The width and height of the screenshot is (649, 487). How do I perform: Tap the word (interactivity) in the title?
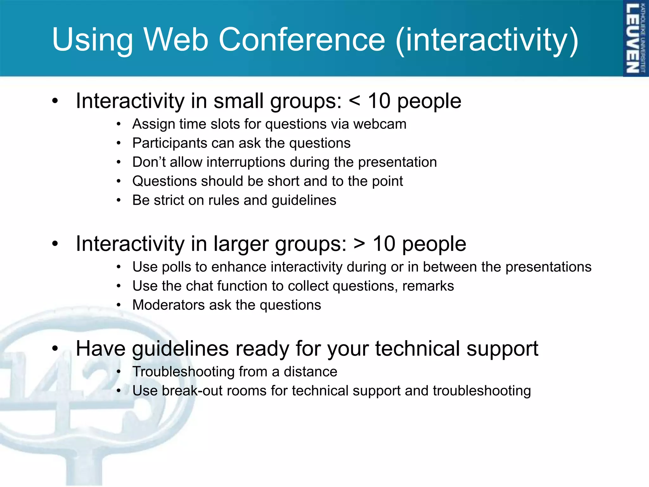[487, 40]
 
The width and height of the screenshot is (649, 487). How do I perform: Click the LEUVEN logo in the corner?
[635, 38]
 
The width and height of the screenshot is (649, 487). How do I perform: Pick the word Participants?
[170, 143]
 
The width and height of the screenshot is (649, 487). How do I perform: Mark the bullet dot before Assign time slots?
[119, 124]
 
